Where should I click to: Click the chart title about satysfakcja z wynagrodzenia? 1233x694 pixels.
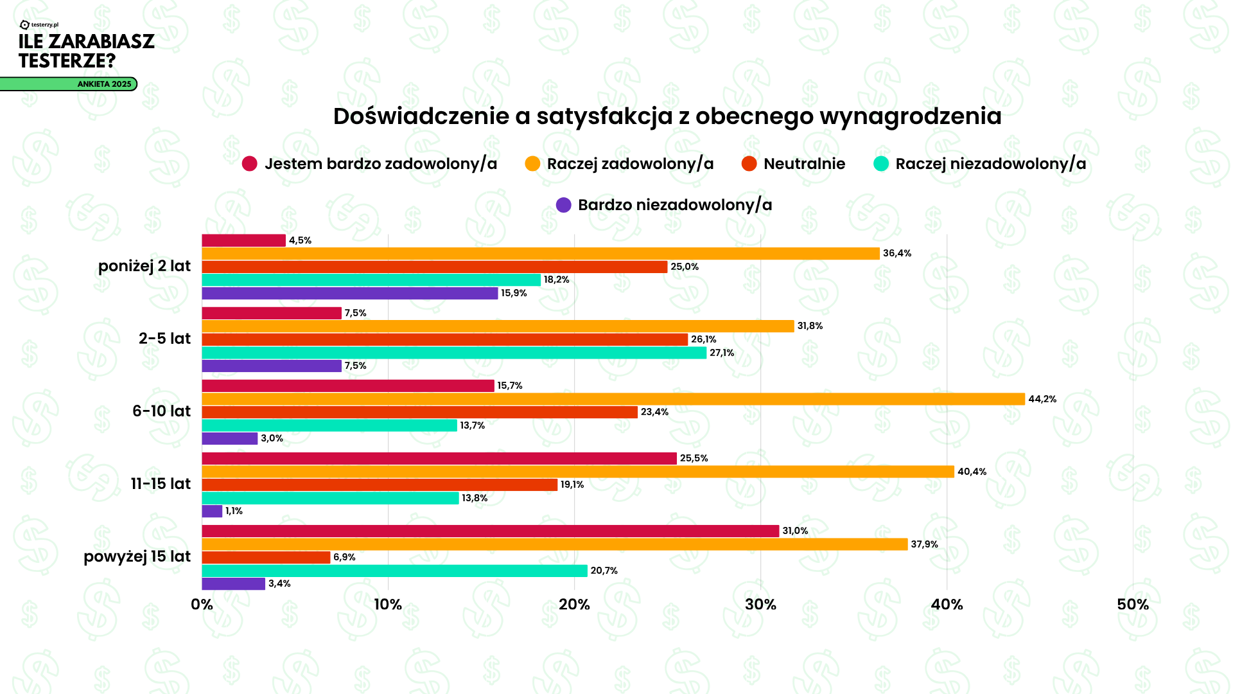tap(667, 116)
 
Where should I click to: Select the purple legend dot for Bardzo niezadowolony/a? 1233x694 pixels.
tap(563, 205)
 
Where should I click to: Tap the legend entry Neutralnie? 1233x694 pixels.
tap(804, 164)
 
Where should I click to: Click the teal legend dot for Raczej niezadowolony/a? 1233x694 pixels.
tap(881, 164)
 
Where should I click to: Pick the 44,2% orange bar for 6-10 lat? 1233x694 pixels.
tap(613, 399)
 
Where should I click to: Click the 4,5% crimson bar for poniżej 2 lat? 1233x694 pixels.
tap(243, 240)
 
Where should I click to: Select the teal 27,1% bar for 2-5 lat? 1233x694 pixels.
tap(454, 353)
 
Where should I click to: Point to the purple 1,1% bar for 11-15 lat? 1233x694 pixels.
tap(212, 511)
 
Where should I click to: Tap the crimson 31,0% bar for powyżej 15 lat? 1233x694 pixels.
tap(490, 531)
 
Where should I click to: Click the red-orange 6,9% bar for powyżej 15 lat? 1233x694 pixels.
tap(266, 557)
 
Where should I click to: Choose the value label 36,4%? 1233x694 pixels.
tap(897, 253)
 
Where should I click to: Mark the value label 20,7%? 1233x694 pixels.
tap(604, 571)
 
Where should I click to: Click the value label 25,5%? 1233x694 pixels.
tap(694, 458)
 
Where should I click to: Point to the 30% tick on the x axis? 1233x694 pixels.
tap(760, 605)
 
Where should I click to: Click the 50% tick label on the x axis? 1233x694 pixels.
tap(1133, 605)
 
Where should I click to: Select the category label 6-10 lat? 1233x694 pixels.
tap(161, 411)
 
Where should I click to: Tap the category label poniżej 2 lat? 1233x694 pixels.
tap(144, 266)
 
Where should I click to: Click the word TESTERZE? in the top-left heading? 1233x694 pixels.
tap(67, 61)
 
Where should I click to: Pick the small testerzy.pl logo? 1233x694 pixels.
tap(39, 25)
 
